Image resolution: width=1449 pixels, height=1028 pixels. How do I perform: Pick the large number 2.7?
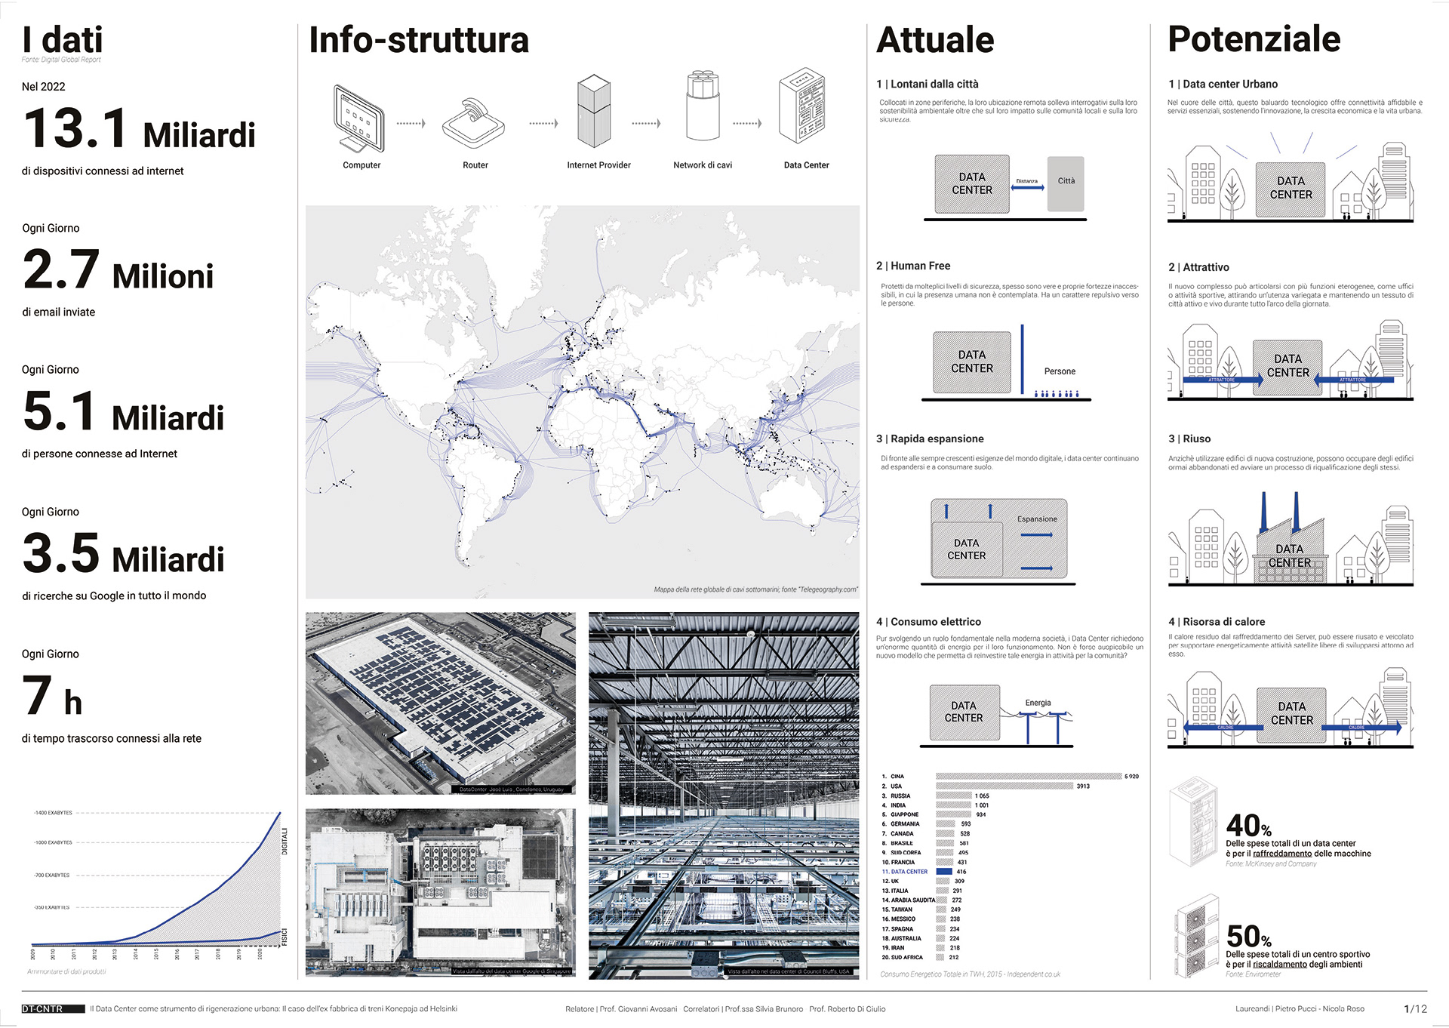(61, 269)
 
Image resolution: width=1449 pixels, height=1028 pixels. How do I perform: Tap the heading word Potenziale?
(1254, 39)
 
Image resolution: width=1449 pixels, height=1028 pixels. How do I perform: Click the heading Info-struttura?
(419, 40)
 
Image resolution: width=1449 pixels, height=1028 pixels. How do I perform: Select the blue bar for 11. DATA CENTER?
(943, 872)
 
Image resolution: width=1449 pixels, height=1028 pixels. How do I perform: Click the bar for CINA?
(1028, 777)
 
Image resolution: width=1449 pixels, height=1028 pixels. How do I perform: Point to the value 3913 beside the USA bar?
(1083, 786)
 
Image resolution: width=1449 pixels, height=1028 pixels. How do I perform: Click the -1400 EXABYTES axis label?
(53, 813)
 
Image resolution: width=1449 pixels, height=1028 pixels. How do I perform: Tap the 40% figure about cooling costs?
(1248, 825)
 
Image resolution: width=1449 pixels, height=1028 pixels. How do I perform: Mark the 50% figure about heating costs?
(1248, 937)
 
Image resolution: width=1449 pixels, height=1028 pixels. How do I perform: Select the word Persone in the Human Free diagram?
(1060, 371)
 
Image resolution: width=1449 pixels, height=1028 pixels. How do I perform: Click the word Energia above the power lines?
(1038, 703)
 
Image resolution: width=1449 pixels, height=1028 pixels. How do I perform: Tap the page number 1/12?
(1415, 1009)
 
